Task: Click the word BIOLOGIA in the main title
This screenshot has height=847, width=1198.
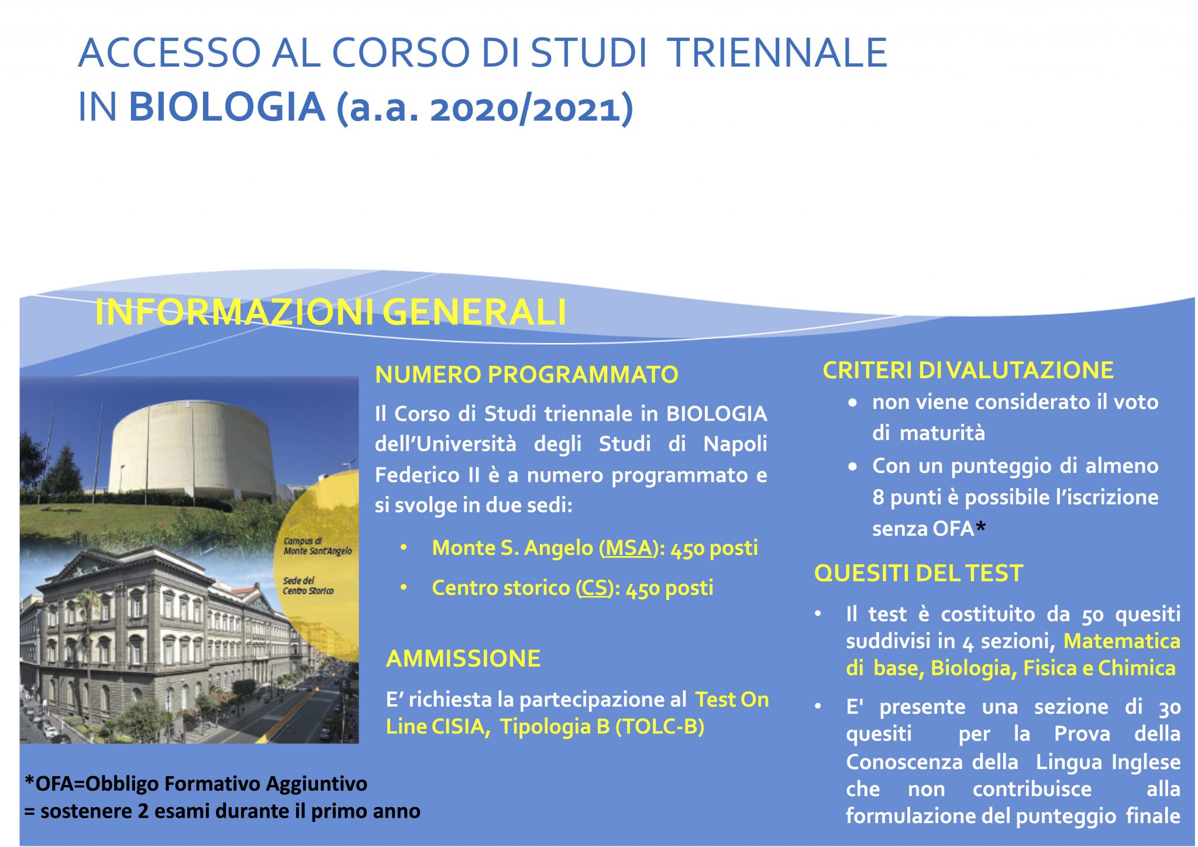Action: coord(226,107)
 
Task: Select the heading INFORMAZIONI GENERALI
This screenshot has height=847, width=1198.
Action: coord(331,312)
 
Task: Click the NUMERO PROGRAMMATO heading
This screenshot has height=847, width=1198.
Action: coord(526,375)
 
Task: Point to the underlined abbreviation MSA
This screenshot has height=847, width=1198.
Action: coord(628,548)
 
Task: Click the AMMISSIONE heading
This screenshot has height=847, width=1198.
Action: coord(463,659)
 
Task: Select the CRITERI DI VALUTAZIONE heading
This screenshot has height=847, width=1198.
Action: coord(968,370)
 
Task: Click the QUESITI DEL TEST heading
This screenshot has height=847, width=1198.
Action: coord(918,573)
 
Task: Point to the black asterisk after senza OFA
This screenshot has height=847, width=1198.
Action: coord(981,527)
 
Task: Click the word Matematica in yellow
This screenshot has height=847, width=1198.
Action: coord(1121,641)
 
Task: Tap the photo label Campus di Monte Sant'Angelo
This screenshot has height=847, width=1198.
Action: coord(318,546)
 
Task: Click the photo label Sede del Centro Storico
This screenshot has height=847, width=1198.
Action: coord(308,585)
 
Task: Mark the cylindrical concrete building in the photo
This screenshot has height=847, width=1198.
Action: coord(193,451)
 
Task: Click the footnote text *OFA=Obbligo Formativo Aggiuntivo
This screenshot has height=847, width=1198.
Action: coord(196,783)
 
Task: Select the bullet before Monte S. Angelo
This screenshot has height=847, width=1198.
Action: coord(404,547)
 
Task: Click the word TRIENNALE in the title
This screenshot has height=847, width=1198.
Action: coord(777,53)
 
